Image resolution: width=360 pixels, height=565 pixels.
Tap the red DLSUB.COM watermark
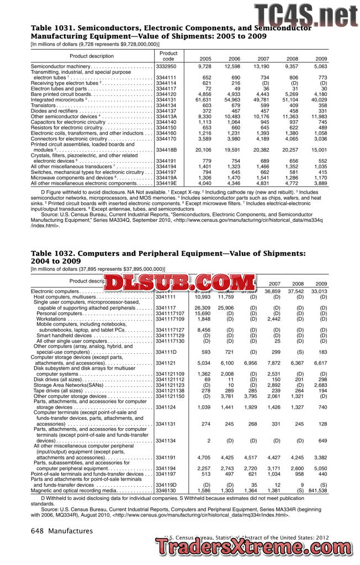pyautogui.click(x=176, y=282)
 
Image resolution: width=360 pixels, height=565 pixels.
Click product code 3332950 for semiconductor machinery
pyautogui.click(x=166, y=66)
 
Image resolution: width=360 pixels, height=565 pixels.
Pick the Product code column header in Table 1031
pyautogui.click(x=168, y=56)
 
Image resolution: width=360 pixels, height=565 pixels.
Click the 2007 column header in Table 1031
pyautogui.click(x=263, y=58)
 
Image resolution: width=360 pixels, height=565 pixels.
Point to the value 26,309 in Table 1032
pyautogui.click(x=203, y=308)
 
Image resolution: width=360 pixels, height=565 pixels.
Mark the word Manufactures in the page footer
pyautogui.click(x=71, y=531)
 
